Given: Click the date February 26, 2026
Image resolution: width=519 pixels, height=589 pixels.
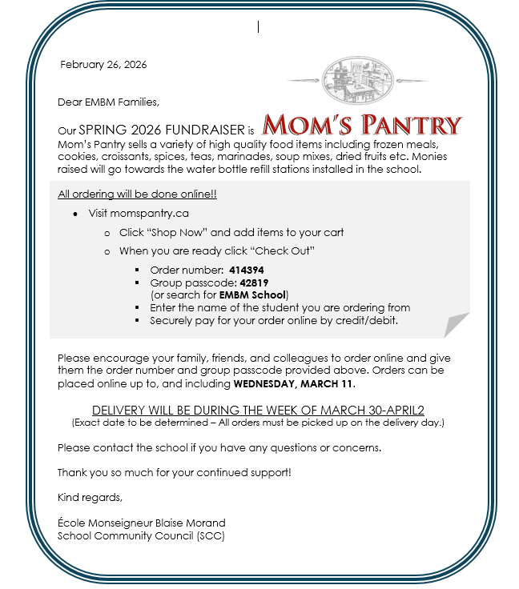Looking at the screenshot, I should point(103,65).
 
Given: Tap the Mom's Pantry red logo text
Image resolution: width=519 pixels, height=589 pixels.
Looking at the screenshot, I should point(363,126).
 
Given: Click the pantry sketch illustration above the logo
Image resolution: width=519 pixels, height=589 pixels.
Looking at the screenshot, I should point(357,80).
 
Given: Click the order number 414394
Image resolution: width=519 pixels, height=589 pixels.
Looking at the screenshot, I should point(247,270).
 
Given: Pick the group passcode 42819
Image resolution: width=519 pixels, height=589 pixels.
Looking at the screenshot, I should point(254,282).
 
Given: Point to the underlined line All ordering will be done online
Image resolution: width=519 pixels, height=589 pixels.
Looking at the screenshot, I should point(137,194).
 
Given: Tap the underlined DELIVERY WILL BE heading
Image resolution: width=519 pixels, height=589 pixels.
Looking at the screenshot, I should point(258,410).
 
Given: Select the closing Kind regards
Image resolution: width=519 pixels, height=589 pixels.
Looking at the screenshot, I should point(90,497).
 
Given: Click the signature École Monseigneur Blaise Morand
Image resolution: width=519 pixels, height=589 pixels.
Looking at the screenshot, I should point(141,523).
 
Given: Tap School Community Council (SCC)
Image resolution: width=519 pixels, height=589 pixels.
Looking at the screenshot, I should point(141,535).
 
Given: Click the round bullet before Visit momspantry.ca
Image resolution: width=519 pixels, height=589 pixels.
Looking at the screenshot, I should point(74,214).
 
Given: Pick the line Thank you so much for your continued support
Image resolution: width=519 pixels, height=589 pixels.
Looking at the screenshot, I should point(174,472).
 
